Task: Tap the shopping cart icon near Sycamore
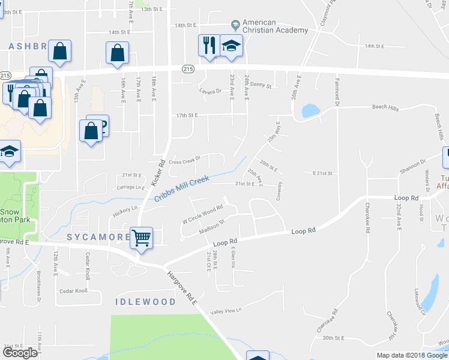[141, 238]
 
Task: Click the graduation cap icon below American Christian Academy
[231, 46]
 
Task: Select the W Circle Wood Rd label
[203, 211]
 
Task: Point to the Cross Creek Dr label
[184, 161]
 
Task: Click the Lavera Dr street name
[210, 92]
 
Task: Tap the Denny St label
[261, 86]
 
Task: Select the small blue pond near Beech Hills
[310, 111]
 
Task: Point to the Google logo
[20, 353]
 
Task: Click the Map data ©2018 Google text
[411, 355]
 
